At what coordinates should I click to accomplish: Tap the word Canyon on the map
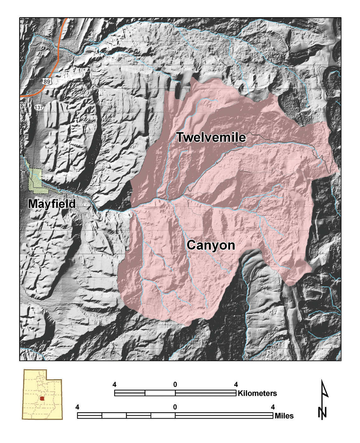tap(211, 245)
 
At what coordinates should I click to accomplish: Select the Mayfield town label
tap(52, 204)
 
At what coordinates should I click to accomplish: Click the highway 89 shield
tap(46, 81)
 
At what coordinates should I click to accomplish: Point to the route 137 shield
tap(39, 107)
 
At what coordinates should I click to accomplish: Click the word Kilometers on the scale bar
tap(257, 393)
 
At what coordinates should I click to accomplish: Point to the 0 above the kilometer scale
tap(175, 384)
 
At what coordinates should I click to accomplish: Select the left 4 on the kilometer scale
tap(115, 384)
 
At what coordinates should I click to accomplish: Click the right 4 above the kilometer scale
tap(236, 384)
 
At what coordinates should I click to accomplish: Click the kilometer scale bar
tap(175, 393)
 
